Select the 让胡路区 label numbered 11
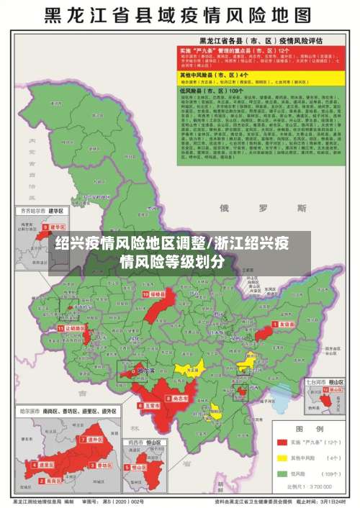tap(74, 327)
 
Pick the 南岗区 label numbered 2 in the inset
tap(45, 466)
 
